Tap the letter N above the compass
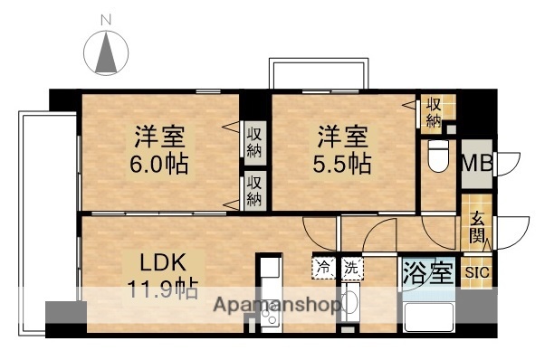(x=107, y=17)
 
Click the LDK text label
(x=162, y=263)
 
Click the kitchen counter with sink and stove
(x=269, y=294)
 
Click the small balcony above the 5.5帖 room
(x=319, y=73)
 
